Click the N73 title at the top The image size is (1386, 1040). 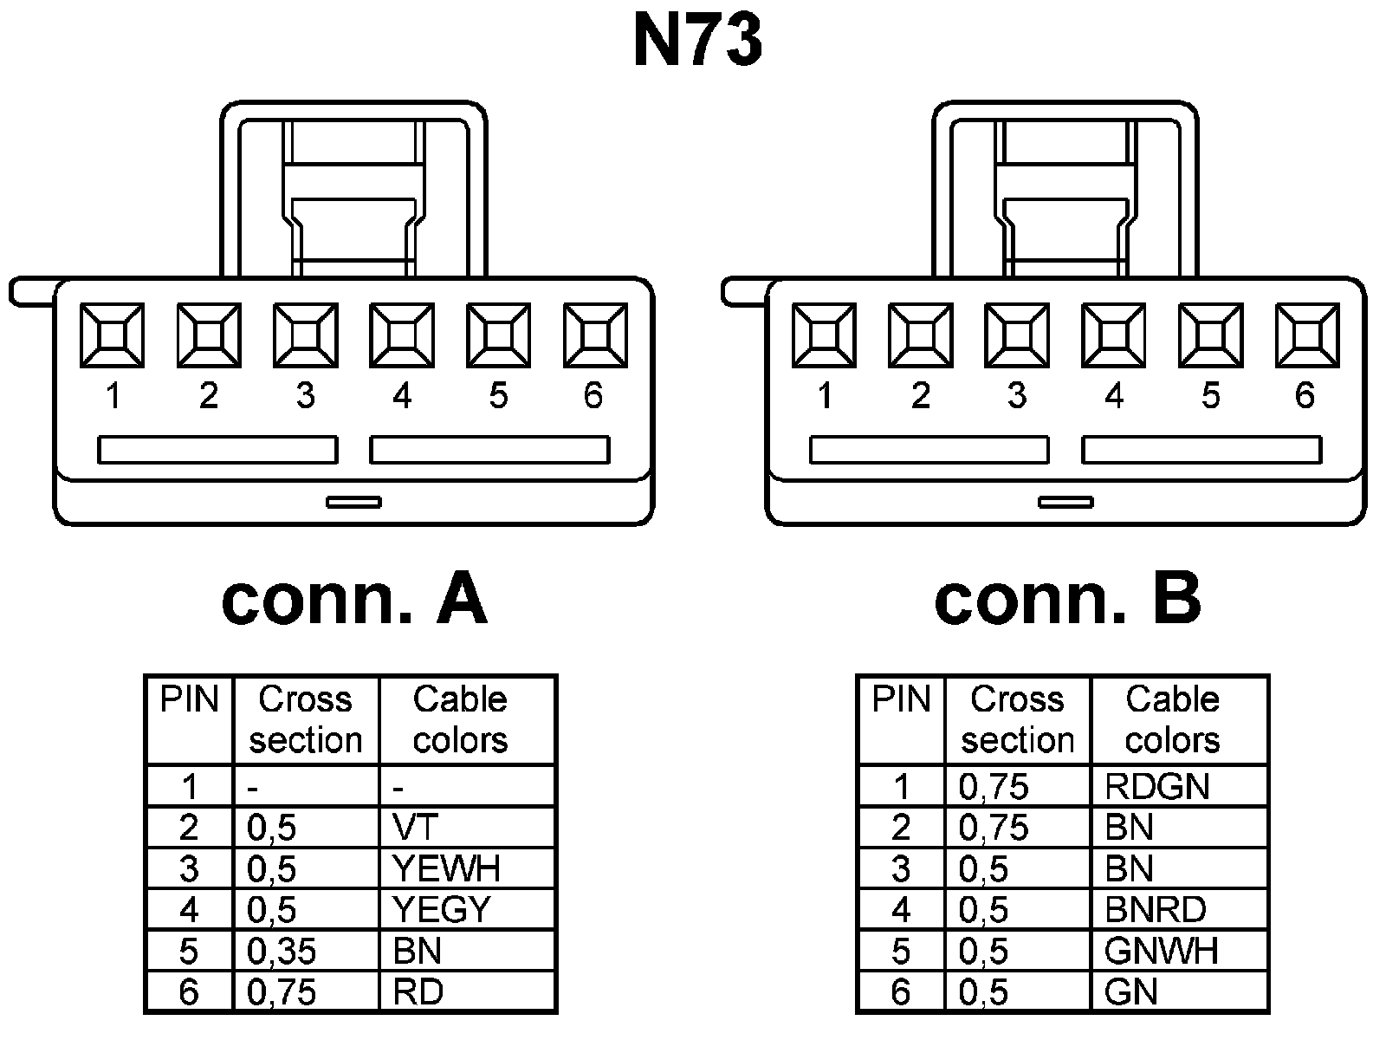coord(698,41)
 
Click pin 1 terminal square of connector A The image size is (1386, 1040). coord(113,335)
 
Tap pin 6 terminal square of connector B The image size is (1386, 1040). coord(1306,335)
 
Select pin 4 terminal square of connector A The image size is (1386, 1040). coord(402,335)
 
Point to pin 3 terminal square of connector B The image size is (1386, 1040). coord(1017,335)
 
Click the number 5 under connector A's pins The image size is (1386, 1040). coord(497,396)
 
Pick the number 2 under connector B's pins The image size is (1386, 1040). coord(920,396)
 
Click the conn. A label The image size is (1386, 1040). coord(354,600)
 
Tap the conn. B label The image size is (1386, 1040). coord(1067,600)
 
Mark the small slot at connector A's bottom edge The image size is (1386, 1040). coord(353,502)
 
